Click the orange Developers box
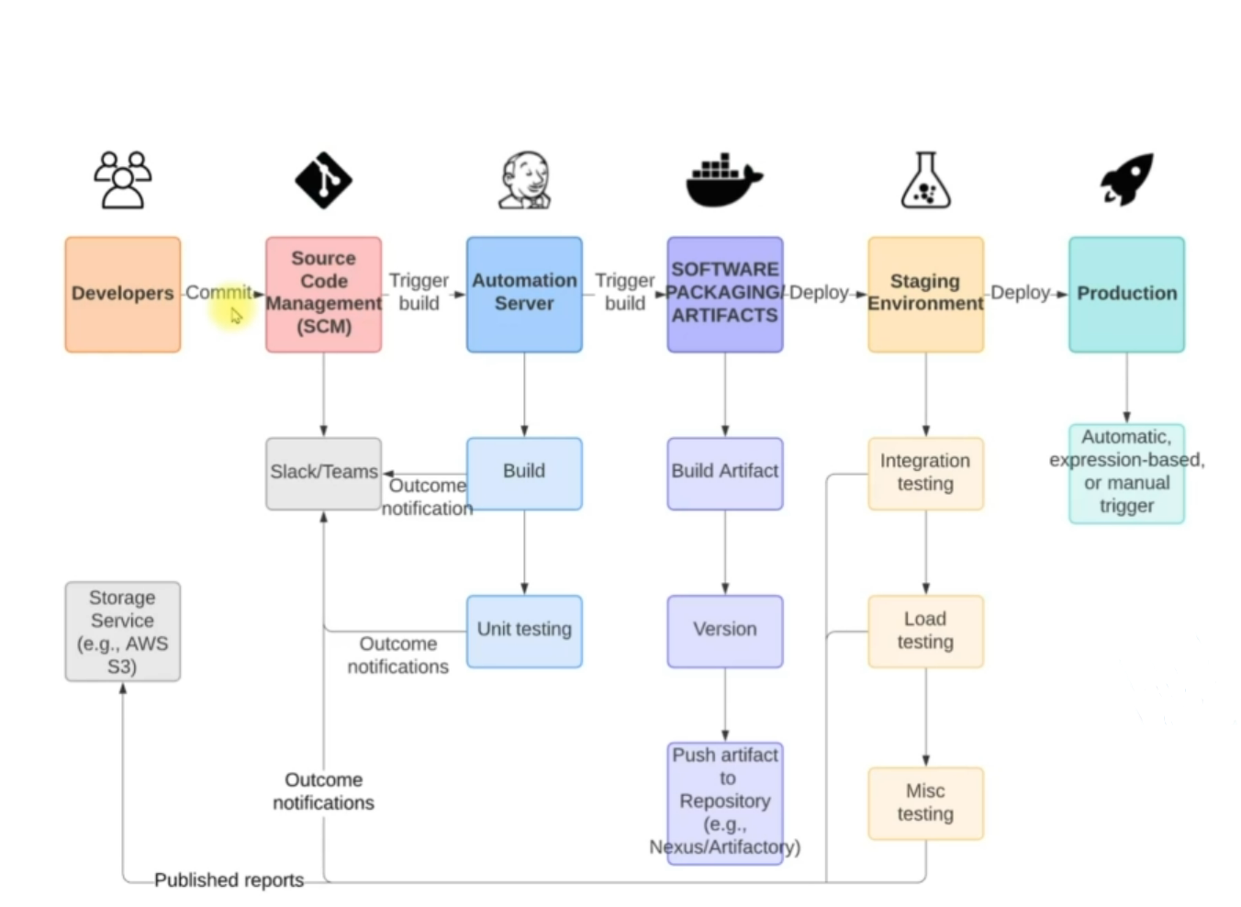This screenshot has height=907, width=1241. (x=122, y=294)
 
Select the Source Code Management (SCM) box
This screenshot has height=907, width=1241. (x=323, y=294)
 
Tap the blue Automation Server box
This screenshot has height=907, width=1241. (x=524, y=294)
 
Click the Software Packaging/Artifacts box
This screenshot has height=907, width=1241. (x=724, y=294)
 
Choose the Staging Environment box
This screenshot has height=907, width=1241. (x=925, y=294)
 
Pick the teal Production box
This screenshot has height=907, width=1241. (x=1126, y=294)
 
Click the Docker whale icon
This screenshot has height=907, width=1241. (x=723, y=180)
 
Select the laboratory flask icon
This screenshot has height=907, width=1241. (x=925, y=180)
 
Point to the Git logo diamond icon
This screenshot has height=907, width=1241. (x=323, y=180)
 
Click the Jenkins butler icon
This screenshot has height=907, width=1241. (x=525, y=180)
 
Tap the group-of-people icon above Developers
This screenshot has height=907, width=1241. (x=122, y=180)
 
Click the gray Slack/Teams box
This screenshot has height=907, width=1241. (x=323, y=473)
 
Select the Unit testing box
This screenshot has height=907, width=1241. (x=524, y=631)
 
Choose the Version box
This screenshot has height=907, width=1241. (x=724, y=631)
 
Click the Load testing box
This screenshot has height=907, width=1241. (x=925, y=631)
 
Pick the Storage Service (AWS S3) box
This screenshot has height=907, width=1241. (x=122, y=632)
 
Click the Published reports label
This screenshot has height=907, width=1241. (x=229, y=880)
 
